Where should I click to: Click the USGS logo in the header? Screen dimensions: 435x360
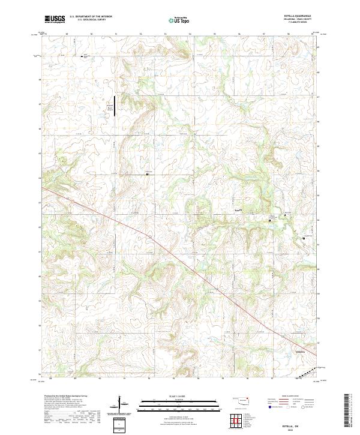(54, 19)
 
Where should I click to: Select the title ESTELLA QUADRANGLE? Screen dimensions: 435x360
(302, 16)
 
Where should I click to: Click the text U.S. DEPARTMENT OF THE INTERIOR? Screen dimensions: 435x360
(91, 17)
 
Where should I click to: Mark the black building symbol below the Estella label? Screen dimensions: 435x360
(269, 221)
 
